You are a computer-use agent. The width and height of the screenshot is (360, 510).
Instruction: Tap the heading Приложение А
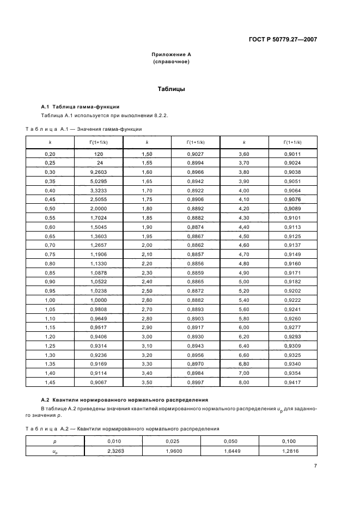[x=171, y=55]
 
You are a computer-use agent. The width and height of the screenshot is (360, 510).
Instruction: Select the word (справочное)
[x=171, y=62]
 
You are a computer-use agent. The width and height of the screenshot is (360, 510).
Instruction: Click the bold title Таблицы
[x=171, y=89]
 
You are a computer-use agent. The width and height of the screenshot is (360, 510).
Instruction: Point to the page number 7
[x=315, y=465]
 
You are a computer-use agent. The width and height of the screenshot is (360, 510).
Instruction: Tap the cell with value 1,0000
[x=99, y=300]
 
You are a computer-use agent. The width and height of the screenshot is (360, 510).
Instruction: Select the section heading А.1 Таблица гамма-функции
[x=81, y=106]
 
